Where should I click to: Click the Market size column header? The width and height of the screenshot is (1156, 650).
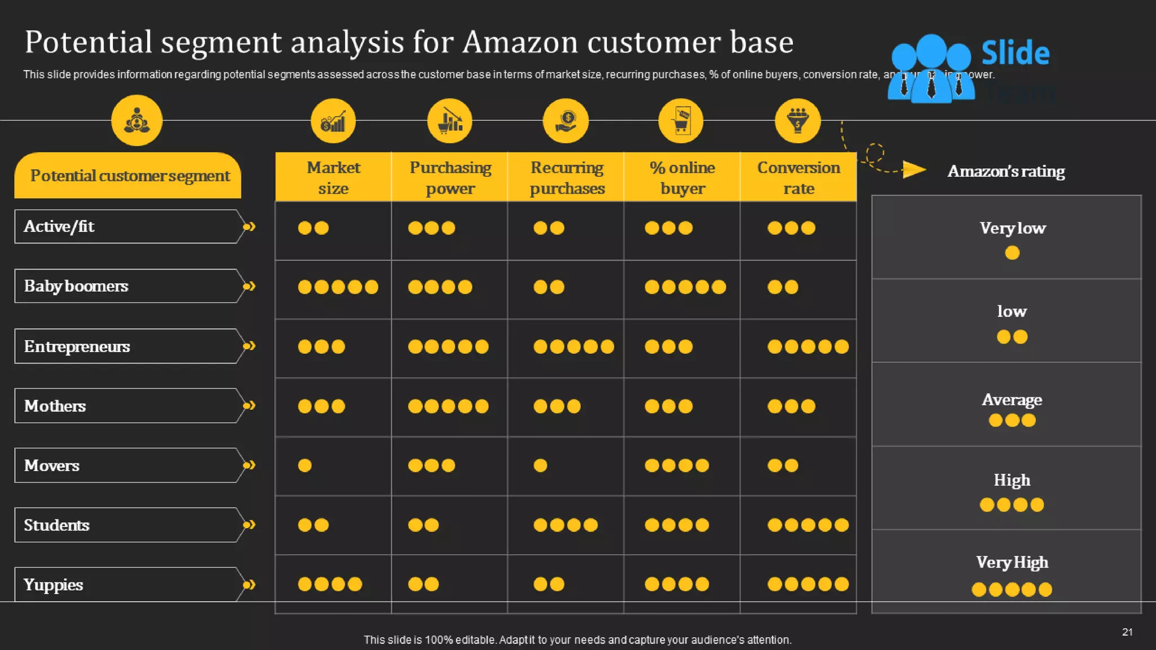[x=333, y=177]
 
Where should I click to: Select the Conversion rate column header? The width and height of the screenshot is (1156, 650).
[x=798, y=177]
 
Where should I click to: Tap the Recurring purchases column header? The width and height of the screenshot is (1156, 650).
[x=567, y=177]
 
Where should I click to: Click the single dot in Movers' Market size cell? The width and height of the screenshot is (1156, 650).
[x=305, y=465]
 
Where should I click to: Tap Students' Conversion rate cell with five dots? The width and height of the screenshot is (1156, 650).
[x=808, y=525]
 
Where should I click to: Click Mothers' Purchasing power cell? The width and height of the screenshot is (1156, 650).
[x=449, y=406]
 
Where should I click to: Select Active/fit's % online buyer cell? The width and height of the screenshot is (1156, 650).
[x=669, y=228]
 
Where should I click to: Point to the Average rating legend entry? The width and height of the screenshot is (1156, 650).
[x=1012, y=409]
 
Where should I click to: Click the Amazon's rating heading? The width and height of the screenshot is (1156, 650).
[x=1006, y=171]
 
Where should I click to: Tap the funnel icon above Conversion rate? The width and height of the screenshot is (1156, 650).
[x=798, y=121]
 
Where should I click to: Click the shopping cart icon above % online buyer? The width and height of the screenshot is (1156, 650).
[x=681, y=121]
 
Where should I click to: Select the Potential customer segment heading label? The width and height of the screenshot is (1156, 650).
[x=130, y=176]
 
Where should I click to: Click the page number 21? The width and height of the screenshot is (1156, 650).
[x=1127, y=632]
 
